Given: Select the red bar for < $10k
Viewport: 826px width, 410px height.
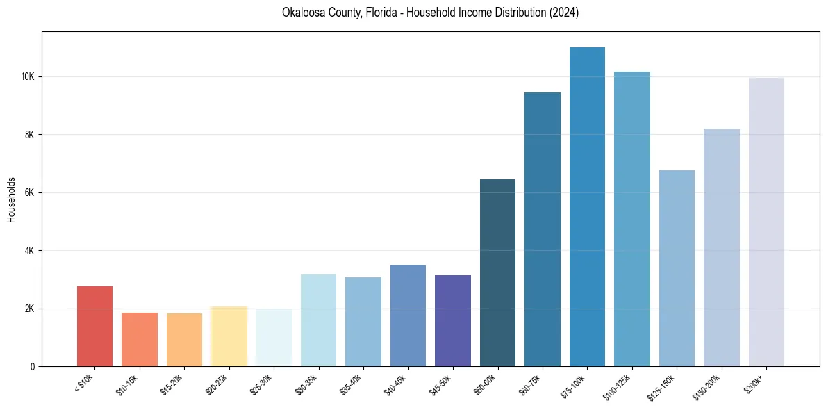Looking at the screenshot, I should coord(94,326).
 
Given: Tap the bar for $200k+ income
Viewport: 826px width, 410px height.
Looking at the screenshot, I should coord(766,222).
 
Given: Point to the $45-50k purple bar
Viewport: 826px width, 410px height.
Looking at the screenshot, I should coord(453,320).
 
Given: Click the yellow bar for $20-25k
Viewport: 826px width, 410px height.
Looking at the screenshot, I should coord(229,336).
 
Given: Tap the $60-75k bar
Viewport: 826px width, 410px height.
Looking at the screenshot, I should coord(543,229).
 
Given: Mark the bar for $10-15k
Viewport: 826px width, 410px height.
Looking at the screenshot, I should coord(140,339).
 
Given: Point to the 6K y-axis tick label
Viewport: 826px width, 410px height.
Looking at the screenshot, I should coord(29,192).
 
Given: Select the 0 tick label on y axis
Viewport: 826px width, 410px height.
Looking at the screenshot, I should coord(33,366).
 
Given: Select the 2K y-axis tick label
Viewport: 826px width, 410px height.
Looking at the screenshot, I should coord(29,309).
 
